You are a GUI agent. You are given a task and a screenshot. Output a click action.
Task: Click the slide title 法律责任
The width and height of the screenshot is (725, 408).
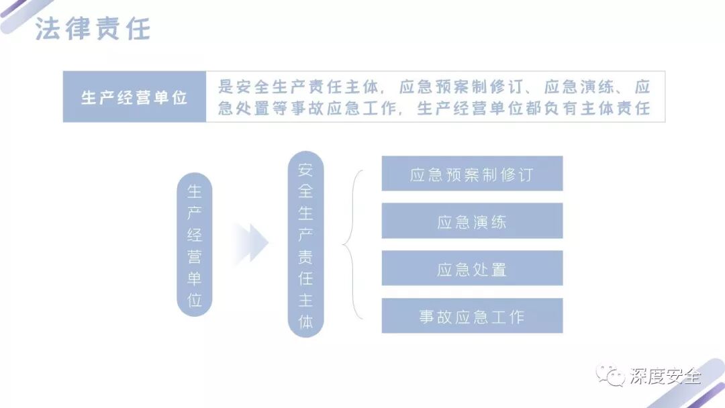tap(93, 29)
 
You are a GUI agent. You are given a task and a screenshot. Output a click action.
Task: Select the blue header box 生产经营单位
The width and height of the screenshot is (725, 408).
tap(134, 97)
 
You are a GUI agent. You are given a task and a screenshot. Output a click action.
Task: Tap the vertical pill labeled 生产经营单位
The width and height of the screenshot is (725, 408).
tap(194, 245)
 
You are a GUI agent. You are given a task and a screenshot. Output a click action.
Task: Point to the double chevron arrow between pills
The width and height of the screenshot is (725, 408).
tap(252, 243)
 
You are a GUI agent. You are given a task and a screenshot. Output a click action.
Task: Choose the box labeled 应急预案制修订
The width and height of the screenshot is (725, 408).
tap(471, 174)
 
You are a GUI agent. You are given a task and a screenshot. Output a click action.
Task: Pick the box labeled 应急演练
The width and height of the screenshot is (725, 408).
tap(471, 221)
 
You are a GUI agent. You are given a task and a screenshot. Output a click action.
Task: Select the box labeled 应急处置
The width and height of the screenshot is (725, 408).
tap(471, 268)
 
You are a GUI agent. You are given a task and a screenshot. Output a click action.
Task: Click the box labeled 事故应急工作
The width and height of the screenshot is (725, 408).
tap(471, 316)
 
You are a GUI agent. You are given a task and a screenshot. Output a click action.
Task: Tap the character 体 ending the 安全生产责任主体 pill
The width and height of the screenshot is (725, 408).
tap(305, 321)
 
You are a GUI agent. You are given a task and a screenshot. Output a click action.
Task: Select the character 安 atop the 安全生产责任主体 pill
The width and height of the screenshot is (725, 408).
tap(305, 169)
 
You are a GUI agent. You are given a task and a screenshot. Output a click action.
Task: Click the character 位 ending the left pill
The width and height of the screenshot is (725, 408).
tap(194, 300)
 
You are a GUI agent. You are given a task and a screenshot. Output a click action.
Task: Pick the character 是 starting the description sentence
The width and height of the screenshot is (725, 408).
tap(226, 87)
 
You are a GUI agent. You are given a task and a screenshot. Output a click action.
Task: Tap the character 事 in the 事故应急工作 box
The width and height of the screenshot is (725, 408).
tap(428, 317)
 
